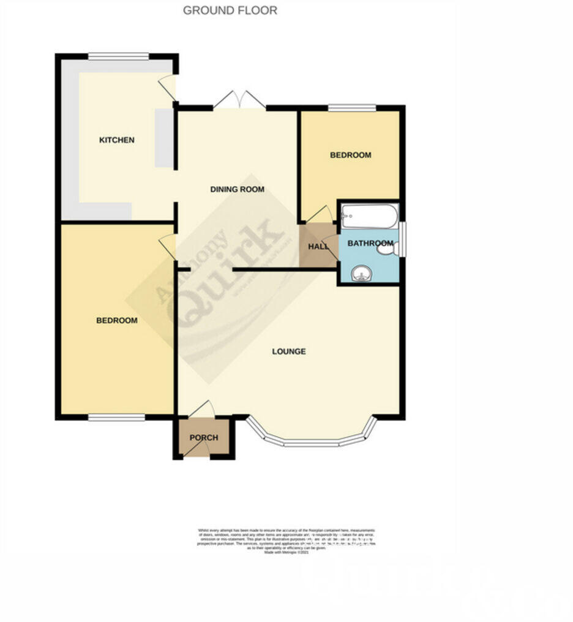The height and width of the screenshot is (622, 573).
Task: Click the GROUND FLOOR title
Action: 230,10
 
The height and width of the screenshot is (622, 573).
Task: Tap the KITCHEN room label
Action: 117,140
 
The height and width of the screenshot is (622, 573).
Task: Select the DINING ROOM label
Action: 238,190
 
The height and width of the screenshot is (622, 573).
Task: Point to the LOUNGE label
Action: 289,352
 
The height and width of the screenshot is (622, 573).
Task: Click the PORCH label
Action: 203,438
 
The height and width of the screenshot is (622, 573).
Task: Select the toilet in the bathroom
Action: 388,247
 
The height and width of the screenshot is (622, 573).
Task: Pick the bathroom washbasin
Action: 362,273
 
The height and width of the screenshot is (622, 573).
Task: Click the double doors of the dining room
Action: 239,100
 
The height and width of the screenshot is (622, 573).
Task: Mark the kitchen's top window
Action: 118,57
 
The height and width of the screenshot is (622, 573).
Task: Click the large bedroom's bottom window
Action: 116,418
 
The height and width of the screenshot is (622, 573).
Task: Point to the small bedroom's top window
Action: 351,108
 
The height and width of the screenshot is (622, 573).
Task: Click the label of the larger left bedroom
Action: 117,321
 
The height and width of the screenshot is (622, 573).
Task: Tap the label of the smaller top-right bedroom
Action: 350,155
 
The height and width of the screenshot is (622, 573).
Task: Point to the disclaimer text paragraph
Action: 286,541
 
